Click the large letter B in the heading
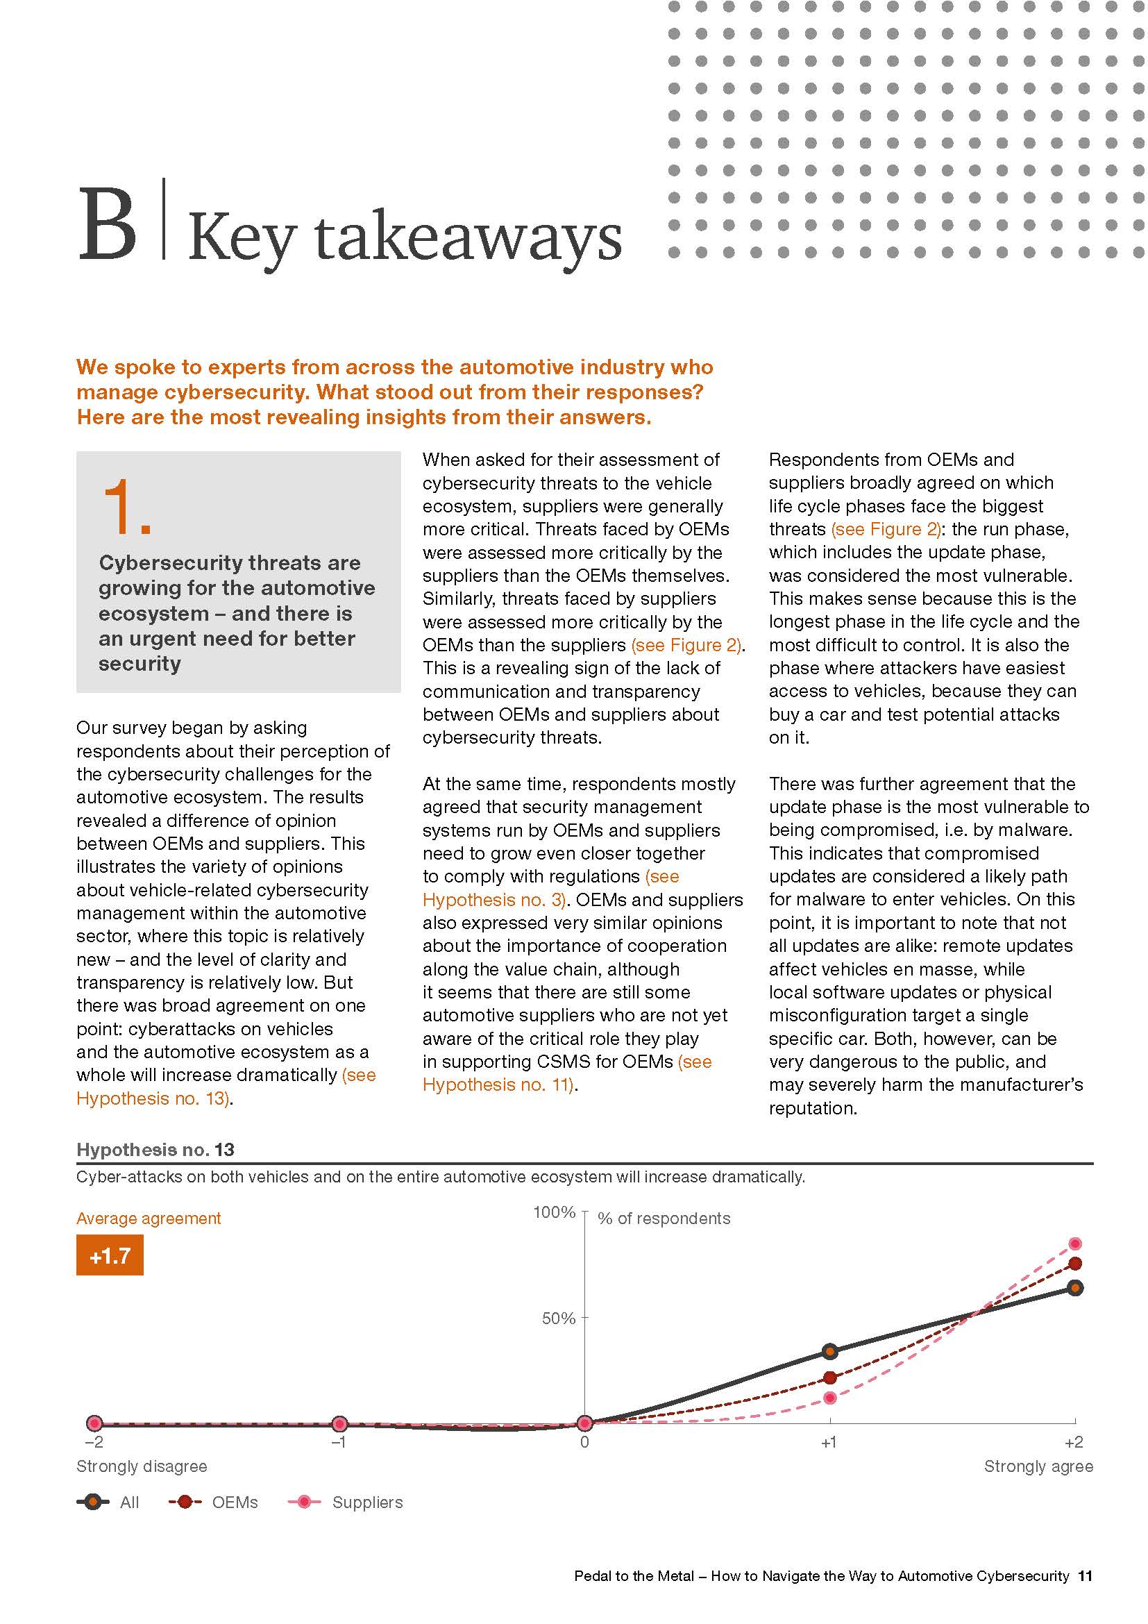pos(108,224)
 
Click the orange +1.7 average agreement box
pos(110,1255)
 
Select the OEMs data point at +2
pos(1074,1264)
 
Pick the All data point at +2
pos(1074,1288)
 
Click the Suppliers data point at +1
pos(830,1398)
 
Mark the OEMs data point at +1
pos(830,1377)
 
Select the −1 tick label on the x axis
pos(339,1442)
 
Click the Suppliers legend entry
pos(346,1502)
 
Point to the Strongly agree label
pos(1038,1467)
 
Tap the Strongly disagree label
pos(142,1467)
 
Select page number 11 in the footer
pos(1085,1576)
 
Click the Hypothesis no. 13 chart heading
pos(155,1150)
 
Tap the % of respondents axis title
pos(664,1219)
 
